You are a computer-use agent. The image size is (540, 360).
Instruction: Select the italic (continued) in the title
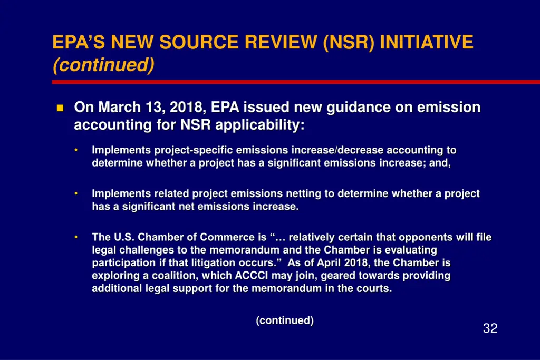(103, 65)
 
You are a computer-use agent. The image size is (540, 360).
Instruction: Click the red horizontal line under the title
(295, 82)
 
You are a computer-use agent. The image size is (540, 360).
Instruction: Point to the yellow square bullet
(60, 108)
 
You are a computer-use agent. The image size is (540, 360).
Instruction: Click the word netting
(303, 193)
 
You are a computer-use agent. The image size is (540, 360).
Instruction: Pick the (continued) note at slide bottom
(285, 320)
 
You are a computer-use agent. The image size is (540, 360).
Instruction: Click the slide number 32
(490, 329)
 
